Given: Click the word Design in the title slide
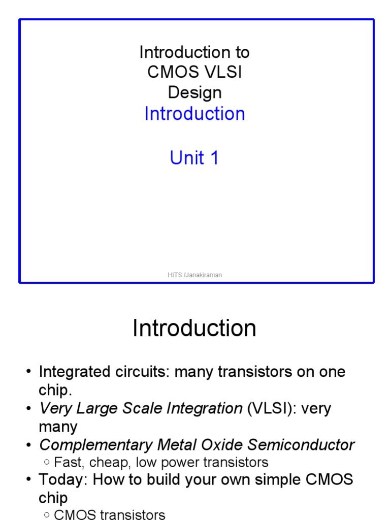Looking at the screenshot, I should (x=194, y=92).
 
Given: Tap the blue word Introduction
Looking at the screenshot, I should (x=194, y=114).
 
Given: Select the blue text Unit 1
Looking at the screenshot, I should (x=194, y=158).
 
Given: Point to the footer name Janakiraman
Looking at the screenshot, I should (x=204, y=275).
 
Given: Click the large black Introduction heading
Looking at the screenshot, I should (x=194, y=329).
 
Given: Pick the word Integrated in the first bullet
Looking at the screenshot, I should (x=74, y=372).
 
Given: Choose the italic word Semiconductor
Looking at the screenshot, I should (x=298, y=445).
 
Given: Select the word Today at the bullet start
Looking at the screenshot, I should (x=61, y=480).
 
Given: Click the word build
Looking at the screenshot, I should (x=168, y=480).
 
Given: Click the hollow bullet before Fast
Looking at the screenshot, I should (x=47, y=463).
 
